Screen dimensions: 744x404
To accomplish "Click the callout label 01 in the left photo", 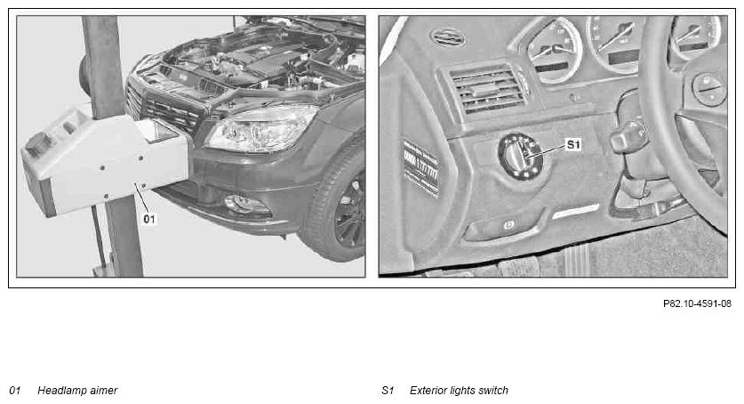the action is click(x=149, y=219).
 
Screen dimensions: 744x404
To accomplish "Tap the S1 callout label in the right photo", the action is click(x=573, y=144).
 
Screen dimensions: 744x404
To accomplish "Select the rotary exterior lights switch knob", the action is click(x=520, y=157).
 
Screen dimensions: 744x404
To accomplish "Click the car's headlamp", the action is click(x=260, y=128).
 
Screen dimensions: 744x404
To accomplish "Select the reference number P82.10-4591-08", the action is click(x=697, y=303).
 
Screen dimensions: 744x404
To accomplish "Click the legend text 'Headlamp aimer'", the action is click(x=77, y=391).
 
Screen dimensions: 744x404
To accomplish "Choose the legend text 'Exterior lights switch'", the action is click(x=459, y=391).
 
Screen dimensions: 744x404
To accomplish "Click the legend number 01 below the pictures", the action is click(x=15, y=391).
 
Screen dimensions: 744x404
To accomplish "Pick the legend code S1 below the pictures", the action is click(x=388, y=391).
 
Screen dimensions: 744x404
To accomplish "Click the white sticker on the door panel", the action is click(x=420, y=168).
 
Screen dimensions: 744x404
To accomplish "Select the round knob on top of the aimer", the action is click(x=38, y=144).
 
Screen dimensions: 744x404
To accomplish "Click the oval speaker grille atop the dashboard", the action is click(x=447, y=37).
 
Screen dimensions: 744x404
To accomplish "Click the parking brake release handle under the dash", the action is click(x=503, y=226).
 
